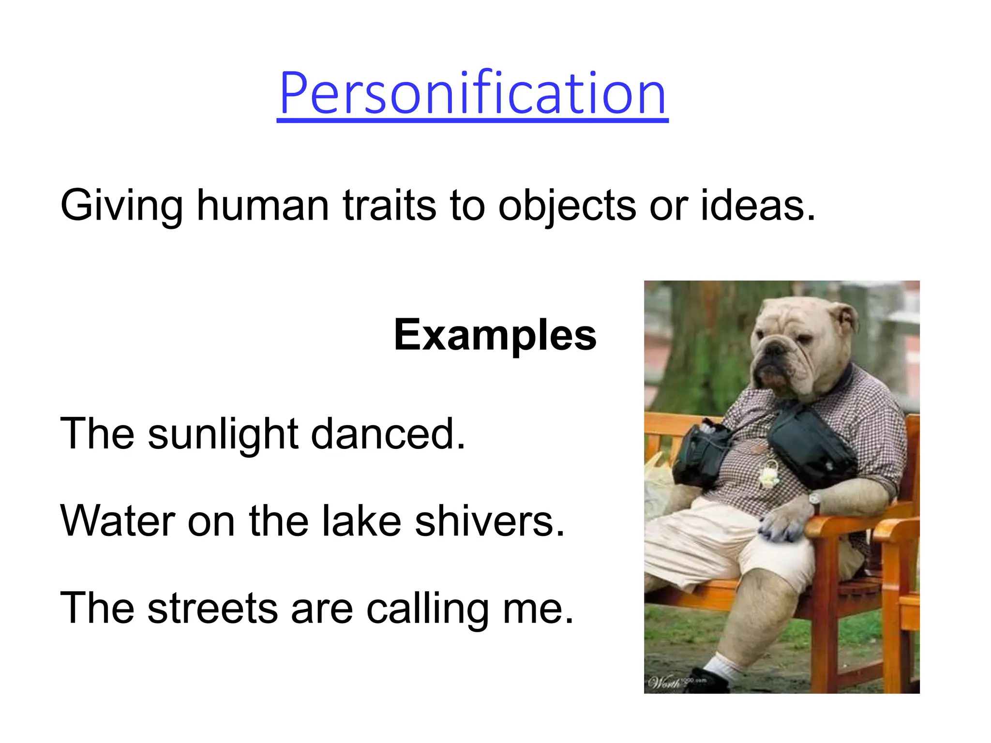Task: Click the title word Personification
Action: click(472, 93)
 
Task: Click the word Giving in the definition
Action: click(121, 206)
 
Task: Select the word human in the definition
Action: click(263, 206)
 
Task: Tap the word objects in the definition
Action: click(567, 206)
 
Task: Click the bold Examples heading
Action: click(495, 335)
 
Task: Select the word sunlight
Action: click(223, 434)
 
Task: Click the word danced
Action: click(388, 434)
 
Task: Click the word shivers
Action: click(490, 521)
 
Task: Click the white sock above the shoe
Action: click(721, 665)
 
